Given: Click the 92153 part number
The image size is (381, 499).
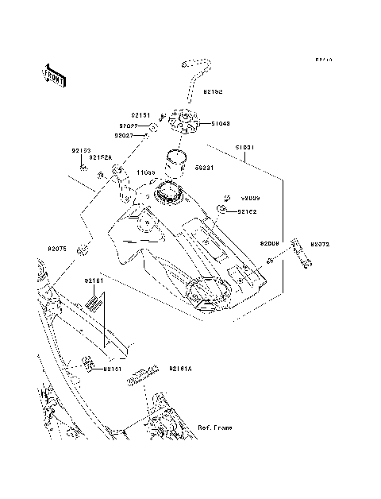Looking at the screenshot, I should click(x=82, y=150).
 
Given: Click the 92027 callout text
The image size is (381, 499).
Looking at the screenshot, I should click(x=131, y=135).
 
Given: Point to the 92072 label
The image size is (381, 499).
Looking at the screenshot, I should click(x=320, y=245).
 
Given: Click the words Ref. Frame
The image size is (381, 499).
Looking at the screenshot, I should click(x=215, y=427).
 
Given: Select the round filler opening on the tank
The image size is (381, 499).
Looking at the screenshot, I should click(x=168, y=191).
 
